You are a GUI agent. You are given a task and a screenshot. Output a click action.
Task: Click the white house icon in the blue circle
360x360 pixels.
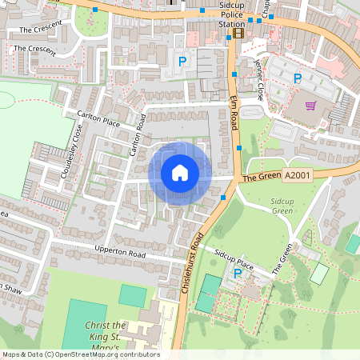point(180,172)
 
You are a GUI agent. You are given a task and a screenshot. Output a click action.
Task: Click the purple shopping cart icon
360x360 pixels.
point(310,105)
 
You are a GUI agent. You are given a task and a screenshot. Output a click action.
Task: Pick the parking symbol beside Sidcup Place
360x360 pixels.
point(237,274)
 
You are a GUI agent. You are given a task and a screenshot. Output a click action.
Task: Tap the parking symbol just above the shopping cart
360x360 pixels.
point(298,78)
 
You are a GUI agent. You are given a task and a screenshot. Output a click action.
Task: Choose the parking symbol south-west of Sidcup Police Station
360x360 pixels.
point(182,61)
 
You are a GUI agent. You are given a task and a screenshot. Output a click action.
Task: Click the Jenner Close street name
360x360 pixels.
point(259,79)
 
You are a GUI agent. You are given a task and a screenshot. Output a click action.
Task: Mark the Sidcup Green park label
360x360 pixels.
point(282,206)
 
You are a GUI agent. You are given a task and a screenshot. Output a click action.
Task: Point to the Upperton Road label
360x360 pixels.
point(122,254)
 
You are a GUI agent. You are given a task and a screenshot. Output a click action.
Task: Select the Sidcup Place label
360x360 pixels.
point(234,255)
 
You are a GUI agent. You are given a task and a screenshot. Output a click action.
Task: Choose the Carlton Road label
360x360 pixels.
point(137,134)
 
